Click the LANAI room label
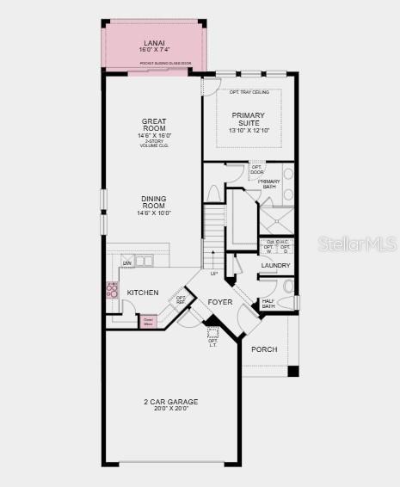click(155, 42)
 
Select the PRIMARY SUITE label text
click(249, 120)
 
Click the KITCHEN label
click(143, 293)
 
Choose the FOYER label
click(220, 302)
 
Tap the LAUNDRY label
click(275, 266)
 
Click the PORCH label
click(264, 349)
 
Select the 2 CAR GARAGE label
click(170, 402)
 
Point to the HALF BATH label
click(268, 302)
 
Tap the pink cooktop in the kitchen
click(111, 290)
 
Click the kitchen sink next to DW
click(143, 261)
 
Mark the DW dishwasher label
click(126, 262)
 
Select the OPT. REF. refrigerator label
click(182, 299)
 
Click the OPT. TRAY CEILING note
click(249, 92)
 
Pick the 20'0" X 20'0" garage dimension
click(170, 410)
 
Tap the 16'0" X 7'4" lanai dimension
click(155, 51)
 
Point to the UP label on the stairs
click(213, 274)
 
